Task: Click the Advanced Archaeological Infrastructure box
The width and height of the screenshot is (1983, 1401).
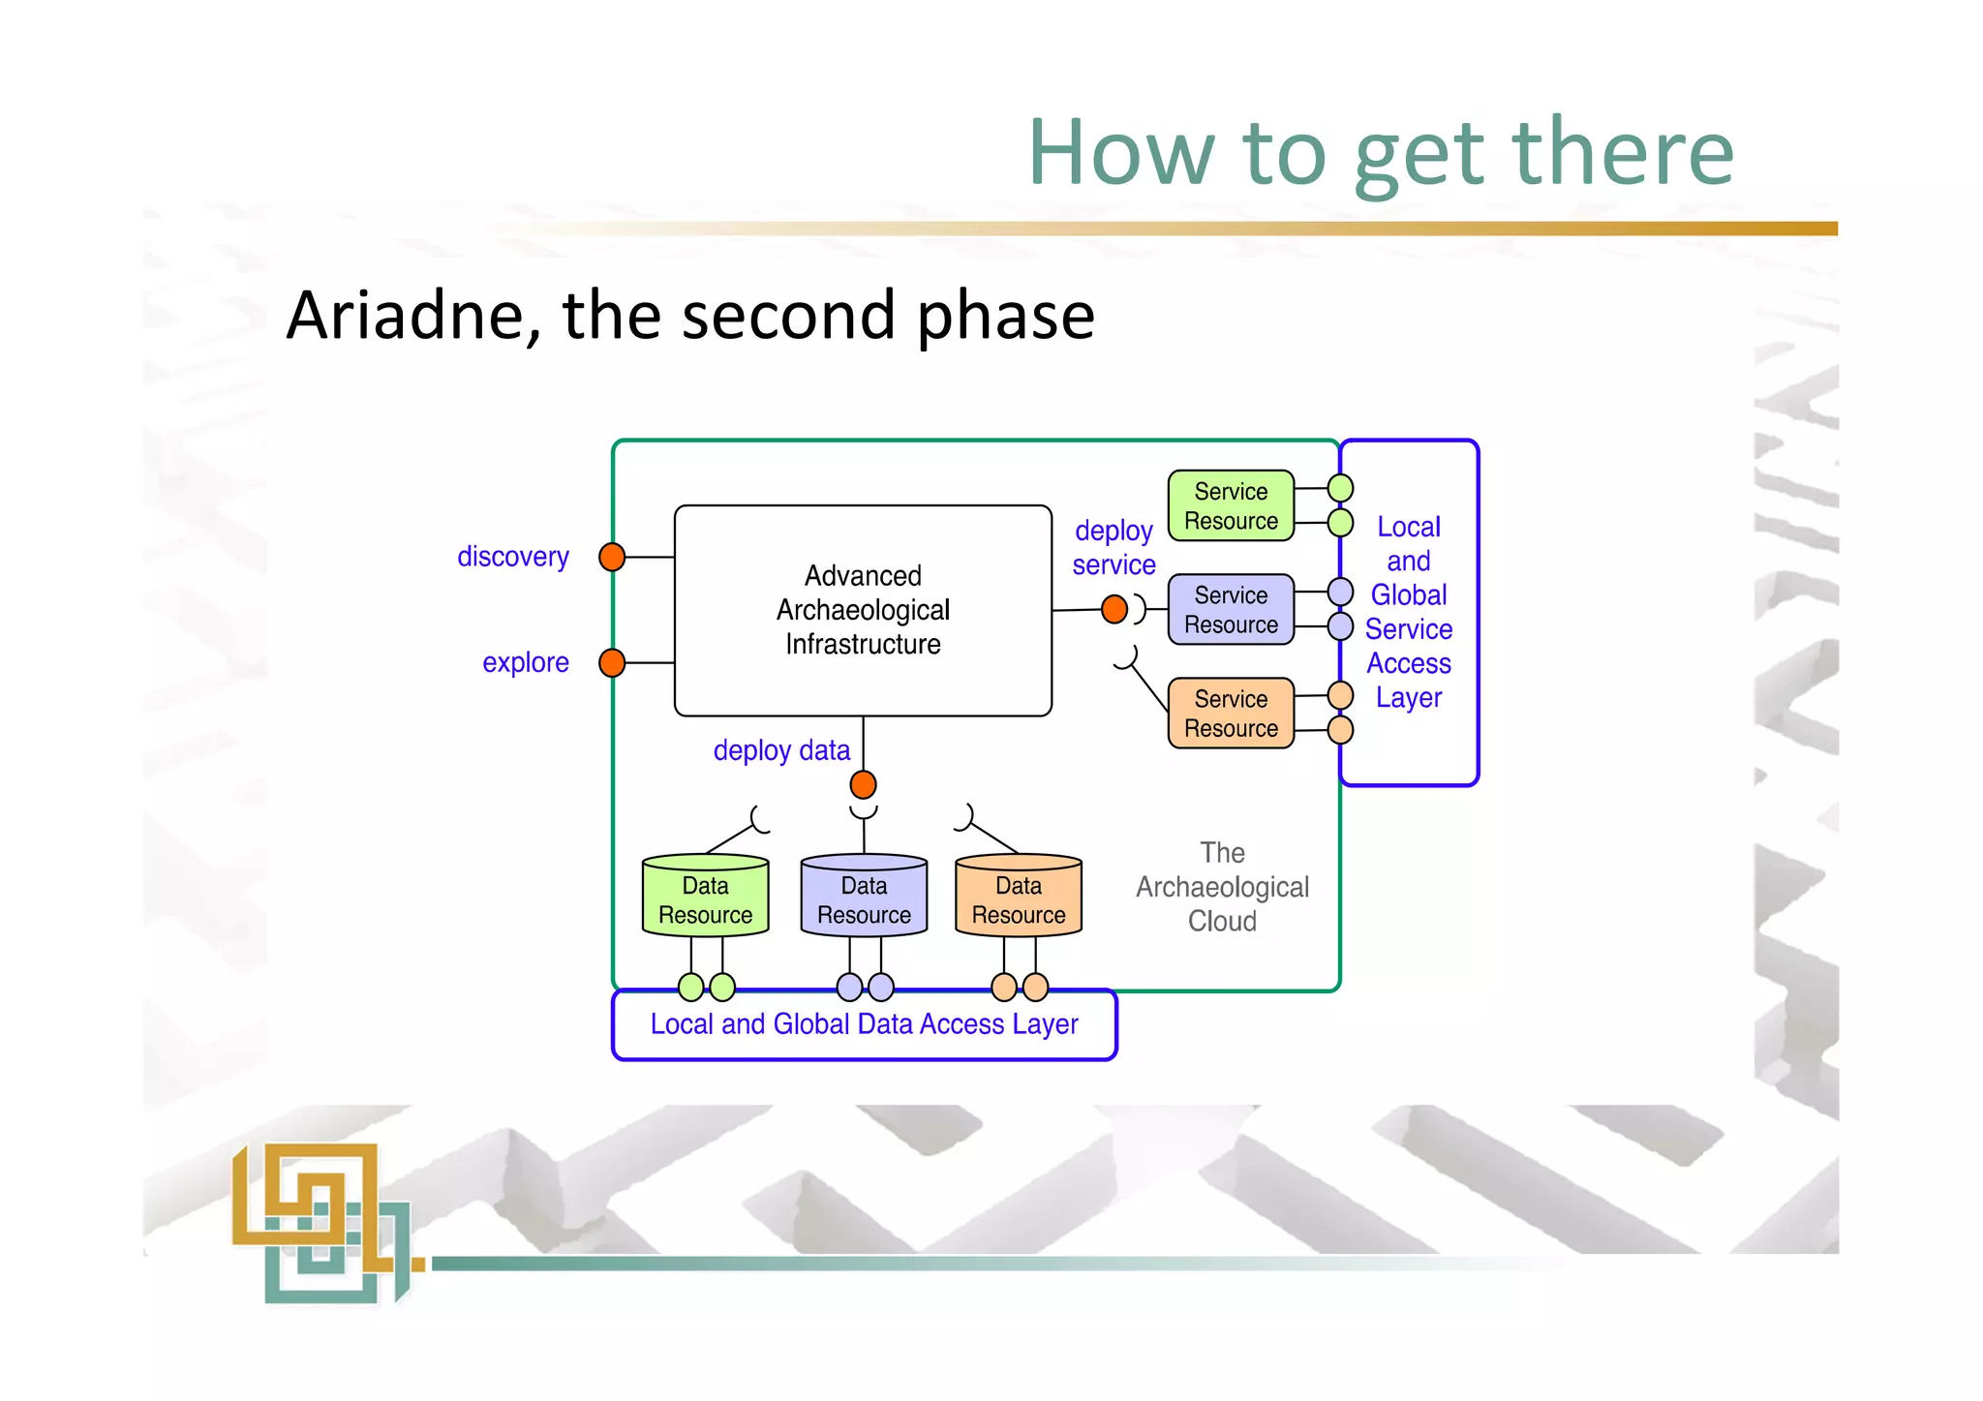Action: tap(863, 610)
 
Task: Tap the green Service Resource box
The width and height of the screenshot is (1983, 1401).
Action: tap(1231, 505)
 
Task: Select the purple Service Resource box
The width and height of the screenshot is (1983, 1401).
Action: tap(1231, 609)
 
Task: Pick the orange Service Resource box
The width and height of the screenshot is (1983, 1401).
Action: tap(1231, 713)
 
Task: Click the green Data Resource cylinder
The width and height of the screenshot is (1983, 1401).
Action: tap(705, 898)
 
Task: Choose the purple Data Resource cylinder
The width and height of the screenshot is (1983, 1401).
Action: tap(864, 898)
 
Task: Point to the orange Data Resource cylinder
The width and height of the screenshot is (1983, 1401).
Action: tap(1019, 898)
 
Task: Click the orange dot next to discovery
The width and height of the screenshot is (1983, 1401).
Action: tap(612, 557)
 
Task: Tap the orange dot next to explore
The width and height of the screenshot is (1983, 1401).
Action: tap(612, 662)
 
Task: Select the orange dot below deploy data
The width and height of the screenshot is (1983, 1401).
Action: tap(863, 784)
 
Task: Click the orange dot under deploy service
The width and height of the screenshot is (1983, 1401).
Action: tap(1114, 609)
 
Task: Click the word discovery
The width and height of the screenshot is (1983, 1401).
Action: tap(512, 557)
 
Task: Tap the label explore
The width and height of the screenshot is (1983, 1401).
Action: tap(525, 662)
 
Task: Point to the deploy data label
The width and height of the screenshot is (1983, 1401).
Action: tap(781, 750)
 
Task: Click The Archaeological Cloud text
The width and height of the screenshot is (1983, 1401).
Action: tap(1222, 887)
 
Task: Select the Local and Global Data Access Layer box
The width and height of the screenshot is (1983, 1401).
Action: tap(864, 1024)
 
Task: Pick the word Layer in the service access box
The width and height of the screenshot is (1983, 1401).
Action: tap(1408, 697)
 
